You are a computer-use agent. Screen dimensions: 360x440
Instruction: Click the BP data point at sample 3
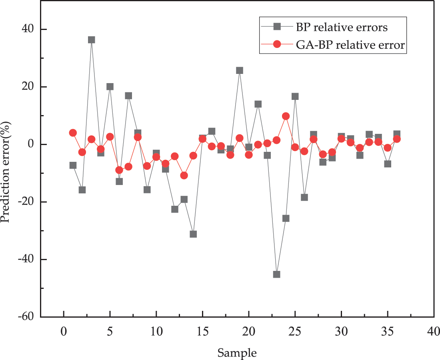coord(91,40)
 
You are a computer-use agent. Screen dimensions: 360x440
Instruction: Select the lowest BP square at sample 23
coord(276,274)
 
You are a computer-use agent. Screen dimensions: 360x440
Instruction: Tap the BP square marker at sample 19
coord(240,70)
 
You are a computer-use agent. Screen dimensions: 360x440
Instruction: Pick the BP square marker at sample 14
coord(193,234)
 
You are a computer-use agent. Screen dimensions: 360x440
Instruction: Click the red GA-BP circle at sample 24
coord(286,116)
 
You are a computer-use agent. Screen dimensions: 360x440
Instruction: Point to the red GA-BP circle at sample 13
coord(184,175)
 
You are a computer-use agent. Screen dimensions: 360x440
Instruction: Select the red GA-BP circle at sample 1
coord(73,133)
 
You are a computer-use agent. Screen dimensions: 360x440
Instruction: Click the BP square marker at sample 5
coord(110,86)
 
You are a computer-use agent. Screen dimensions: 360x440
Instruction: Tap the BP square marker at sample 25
coord(295,96)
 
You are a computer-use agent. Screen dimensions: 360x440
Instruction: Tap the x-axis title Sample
coord(237,352)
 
